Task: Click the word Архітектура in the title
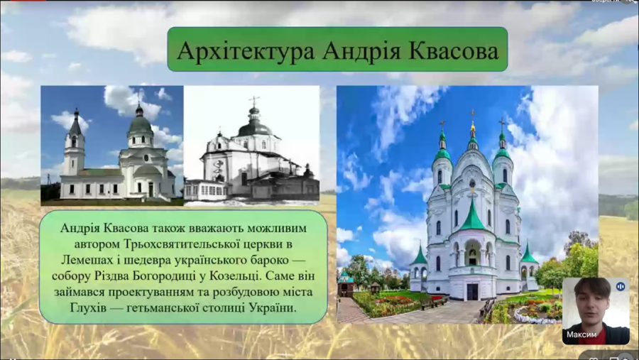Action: pos(246,50)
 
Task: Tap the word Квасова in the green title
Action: pos(454,50)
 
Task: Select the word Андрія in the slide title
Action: pos(361,51)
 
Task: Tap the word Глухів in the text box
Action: pos(87,307)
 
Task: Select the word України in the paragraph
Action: pos(273,307)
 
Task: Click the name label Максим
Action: pos(581,334)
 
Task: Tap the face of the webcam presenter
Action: pos(592,302)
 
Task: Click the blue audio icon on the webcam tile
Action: pos(621,287)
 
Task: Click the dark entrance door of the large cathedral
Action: pos(472,292)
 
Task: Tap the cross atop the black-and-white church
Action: pos(254,100)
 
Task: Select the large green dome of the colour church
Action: pos(140,124)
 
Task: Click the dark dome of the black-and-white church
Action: pos(255,129)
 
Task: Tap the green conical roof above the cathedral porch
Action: pos(472,216)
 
